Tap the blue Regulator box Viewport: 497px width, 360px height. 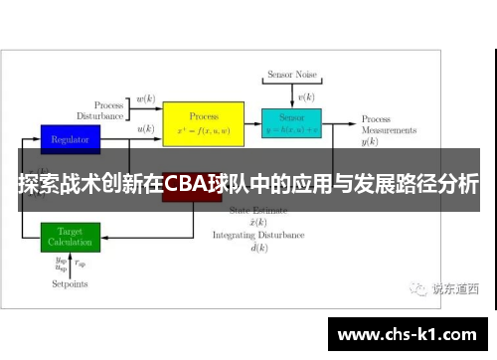71,138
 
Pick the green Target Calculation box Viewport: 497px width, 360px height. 71,236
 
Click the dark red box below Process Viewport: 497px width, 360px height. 192,197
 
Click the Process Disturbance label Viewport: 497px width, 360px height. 109,109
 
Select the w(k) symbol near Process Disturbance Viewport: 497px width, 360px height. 145,99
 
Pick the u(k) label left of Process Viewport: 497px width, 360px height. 145,129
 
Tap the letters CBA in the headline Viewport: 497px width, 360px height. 183,183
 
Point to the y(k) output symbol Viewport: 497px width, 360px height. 370,142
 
